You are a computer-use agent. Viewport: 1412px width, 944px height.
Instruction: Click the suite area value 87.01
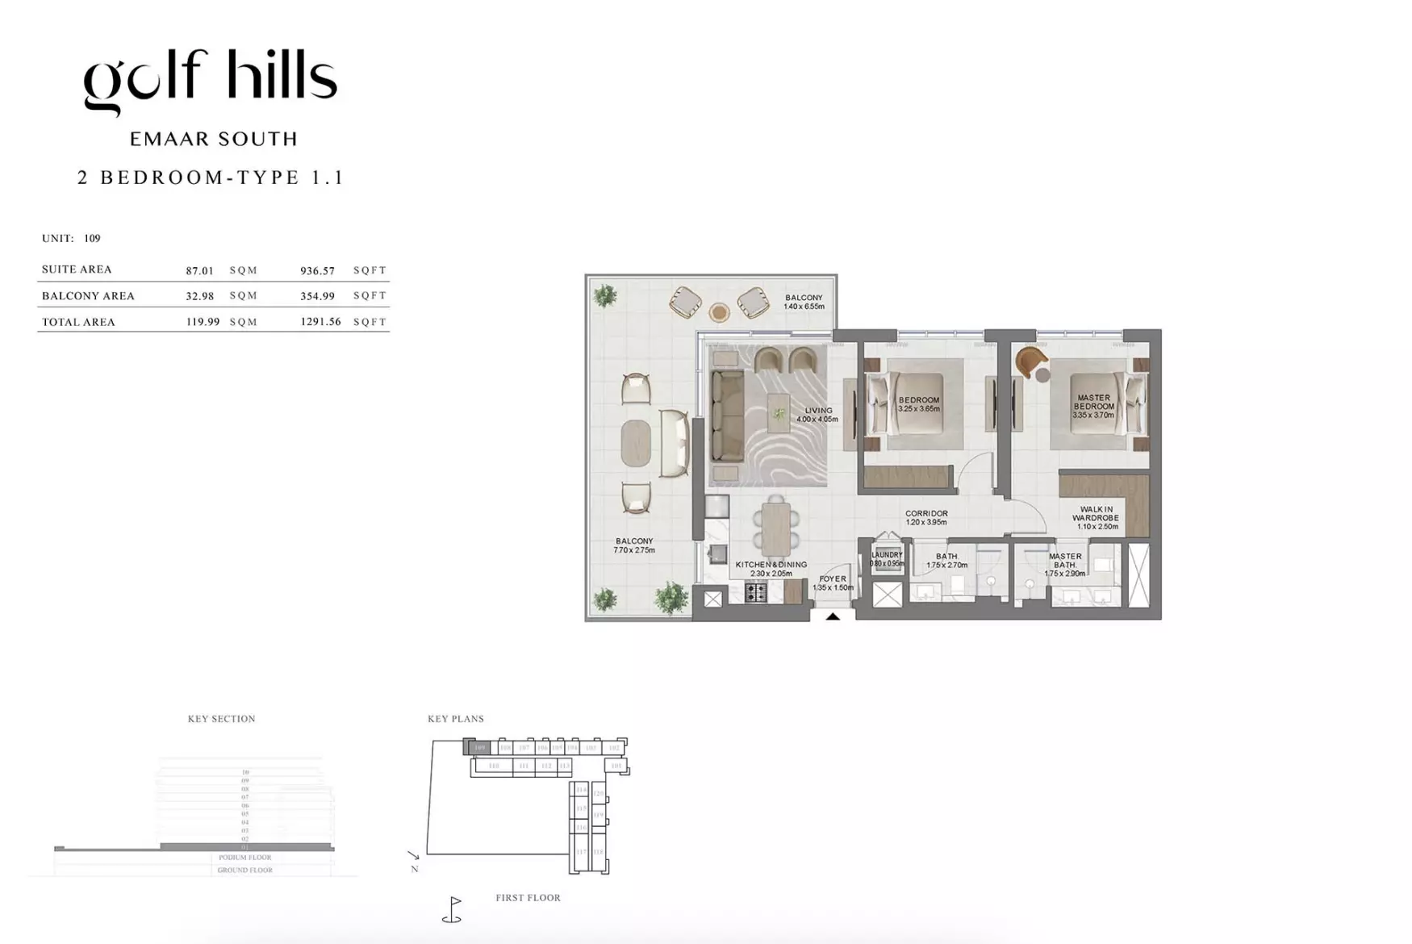199,271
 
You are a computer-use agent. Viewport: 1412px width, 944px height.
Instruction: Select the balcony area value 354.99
317,296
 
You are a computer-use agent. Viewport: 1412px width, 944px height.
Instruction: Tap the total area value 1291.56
320,322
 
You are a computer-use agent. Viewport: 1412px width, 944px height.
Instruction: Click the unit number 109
92,239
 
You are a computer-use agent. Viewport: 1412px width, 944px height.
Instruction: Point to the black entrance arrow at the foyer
833,616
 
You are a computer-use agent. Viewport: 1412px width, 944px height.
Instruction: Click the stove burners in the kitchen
756,593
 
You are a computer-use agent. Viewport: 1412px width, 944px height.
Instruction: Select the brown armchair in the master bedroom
1030,361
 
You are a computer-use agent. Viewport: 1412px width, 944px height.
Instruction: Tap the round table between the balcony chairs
719,311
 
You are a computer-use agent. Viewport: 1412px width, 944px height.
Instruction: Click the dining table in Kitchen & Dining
775,528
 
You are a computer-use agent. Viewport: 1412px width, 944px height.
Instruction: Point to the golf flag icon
453,910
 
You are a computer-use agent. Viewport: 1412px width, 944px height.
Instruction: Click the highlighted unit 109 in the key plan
479,748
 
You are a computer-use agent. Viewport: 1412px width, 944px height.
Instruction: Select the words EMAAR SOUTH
214,140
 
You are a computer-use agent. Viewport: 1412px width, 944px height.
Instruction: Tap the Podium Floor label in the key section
244,858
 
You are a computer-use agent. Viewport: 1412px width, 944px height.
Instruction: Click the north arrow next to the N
413,855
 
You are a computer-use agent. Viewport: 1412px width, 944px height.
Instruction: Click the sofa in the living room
727,416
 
